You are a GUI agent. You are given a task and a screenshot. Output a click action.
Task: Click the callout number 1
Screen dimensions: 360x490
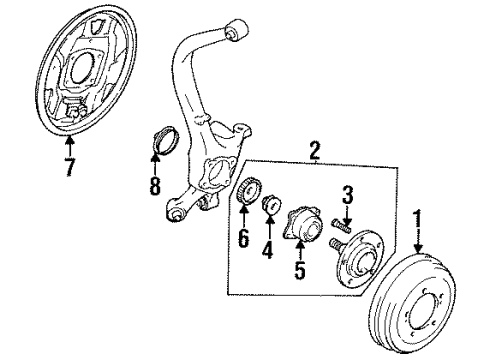pos(417,217)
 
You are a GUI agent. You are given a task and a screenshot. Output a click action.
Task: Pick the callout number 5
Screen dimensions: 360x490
pos(300,268)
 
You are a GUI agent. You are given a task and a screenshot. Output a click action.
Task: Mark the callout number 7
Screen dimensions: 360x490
pos(68,167)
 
